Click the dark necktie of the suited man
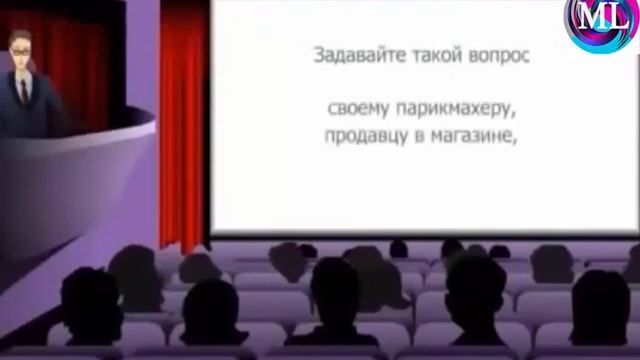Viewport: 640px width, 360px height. point(23,92)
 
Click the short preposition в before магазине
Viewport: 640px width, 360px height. point(420,138)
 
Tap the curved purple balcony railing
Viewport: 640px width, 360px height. point(80,150)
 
